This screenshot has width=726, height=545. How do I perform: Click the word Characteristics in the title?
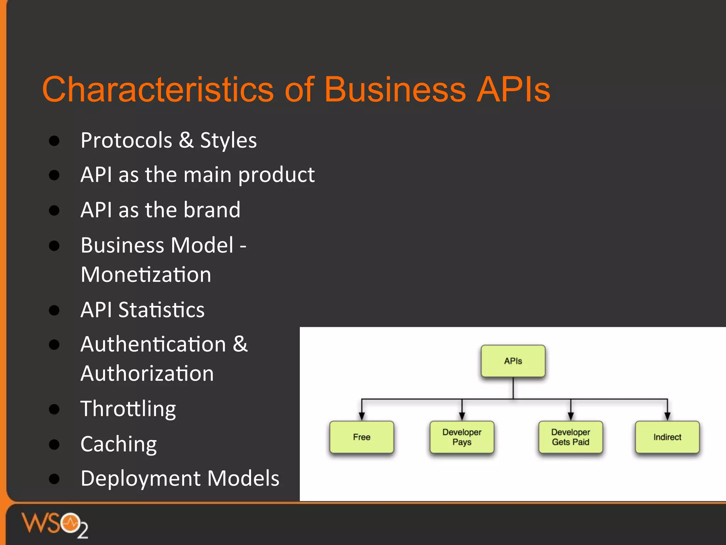click(157, 89)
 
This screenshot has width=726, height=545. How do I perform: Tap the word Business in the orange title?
click(395, 89)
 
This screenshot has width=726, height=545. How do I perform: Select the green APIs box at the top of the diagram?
click(513, 361)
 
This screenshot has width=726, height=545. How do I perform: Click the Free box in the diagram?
click(362, 437)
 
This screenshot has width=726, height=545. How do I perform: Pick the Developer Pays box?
click(462, 437)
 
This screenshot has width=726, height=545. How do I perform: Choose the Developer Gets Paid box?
click(570, 437)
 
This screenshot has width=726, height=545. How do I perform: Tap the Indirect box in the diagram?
click(667, 437)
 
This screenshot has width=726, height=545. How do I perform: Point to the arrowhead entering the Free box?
click(362, 416)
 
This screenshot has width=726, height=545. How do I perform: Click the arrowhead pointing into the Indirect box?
click(667, 416)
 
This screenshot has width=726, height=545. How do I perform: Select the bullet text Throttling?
click(128, 409)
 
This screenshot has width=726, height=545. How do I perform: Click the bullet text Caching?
click(118, 444)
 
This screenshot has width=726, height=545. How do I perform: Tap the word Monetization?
click(146, 275)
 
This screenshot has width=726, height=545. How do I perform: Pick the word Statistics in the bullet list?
click(161, 310)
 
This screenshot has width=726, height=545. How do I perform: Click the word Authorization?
click(147, 374)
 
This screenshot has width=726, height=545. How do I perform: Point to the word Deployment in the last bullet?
click(140, 478)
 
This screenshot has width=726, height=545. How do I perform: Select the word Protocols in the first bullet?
click(126, 140)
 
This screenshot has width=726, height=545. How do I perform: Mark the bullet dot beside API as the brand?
click(54, 210)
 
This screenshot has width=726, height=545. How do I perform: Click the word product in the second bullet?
click(276, 175)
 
